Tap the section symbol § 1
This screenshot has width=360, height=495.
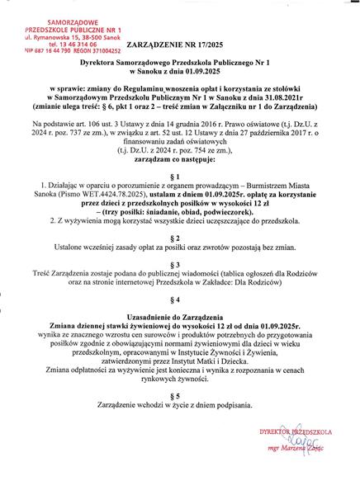(x=179, y=177)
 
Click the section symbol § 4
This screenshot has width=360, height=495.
(x=179, y=319)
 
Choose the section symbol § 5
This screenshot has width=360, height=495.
(x=179, y=417)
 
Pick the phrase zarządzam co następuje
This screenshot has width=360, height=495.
(x=179, y=160)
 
